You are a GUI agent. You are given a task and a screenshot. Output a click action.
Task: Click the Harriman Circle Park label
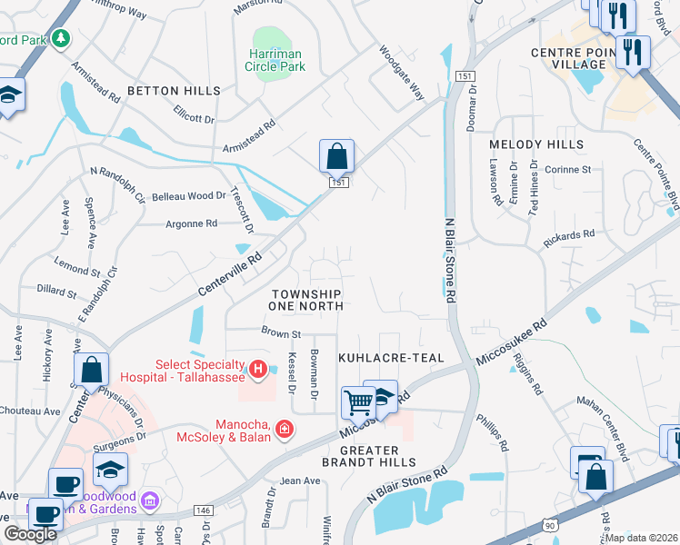point(275,60)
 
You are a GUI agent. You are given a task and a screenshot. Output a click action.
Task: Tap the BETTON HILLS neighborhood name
point(174,91)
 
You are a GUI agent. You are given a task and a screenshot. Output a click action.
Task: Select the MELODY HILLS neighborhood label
point(536,144)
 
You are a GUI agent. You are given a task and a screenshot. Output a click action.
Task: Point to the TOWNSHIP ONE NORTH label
point(307,300)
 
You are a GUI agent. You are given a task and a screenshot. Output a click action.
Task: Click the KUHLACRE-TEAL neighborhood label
point(391,359)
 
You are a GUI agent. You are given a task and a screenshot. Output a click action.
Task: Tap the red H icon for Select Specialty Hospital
point(258,369)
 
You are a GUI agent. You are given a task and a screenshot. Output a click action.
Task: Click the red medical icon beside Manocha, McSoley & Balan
point(284,428)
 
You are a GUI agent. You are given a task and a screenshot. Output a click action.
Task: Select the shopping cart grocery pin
point(359,402)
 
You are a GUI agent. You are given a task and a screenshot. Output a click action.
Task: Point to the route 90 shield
point(548,525)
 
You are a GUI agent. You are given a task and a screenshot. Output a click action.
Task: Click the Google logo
point(30,535)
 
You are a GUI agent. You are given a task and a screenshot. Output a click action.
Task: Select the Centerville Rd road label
point(230,275)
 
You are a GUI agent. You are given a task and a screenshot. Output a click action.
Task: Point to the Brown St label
point(280,333)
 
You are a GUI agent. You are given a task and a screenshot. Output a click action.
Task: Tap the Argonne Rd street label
point(191,223)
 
